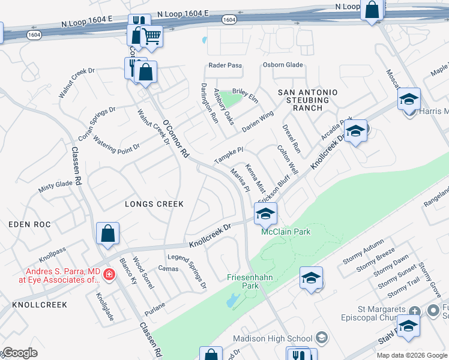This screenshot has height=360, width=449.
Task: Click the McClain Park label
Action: (x=286, y=232)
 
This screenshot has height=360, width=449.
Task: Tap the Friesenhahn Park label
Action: (x=250, y=281)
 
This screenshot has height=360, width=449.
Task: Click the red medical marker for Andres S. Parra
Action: (x=109, y=275)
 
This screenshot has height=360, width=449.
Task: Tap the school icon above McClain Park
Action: (x=265, y=212)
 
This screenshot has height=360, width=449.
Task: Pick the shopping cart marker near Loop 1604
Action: (x=151, y=37)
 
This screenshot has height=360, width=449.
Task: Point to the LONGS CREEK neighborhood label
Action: (x=154, y=204)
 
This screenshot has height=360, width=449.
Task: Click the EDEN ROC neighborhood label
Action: (x=29, y=224)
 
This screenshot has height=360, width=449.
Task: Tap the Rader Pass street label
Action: (x=224, y=65)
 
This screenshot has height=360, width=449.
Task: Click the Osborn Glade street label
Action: (x=282, y=65)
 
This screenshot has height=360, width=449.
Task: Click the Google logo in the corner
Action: (x=19, y=353)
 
